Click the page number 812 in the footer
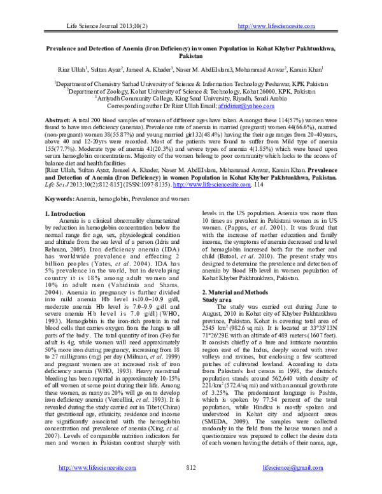(190, 485)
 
